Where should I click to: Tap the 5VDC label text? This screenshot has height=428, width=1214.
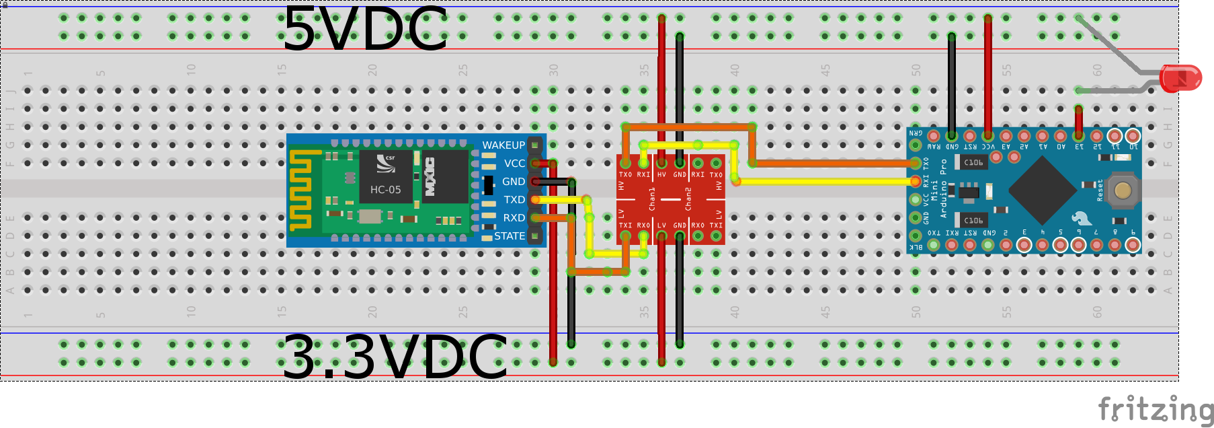click(x=364, y=29)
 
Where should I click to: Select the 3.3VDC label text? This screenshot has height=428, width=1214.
click(x=394, y=357)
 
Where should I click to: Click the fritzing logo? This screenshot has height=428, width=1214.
click(x=1155, y=409)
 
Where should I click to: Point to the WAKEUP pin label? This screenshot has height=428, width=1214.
click(x=503, y=145)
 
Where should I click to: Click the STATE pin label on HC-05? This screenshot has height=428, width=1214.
click(x=510, y=236)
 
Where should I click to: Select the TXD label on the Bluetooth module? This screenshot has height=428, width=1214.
click(x=514, y=200)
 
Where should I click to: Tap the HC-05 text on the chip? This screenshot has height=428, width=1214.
click(x=385, y=190)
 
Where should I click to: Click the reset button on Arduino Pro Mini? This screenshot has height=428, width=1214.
click(x=1122, y=190)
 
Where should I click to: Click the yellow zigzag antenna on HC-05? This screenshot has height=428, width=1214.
click(x=300, y=190)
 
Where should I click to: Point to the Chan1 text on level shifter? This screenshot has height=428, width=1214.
click(x=652, y=199)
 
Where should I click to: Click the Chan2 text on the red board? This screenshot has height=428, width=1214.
click(x=688, y=199)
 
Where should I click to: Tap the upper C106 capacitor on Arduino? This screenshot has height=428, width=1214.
click(x=972, y=162)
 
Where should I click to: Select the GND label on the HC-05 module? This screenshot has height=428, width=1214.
click(x=514, y=182)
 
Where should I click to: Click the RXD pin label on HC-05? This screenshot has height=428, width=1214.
click(x=514, y=218)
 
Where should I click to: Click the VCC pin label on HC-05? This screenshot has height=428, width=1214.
click(x=515, y=164)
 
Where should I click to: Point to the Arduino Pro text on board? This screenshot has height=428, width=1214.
click(x=943, y=188)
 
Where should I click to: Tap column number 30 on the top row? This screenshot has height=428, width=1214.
click(x=553, y=70)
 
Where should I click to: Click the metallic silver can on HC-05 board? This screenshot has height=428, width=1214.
click(x=369, y=216)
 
